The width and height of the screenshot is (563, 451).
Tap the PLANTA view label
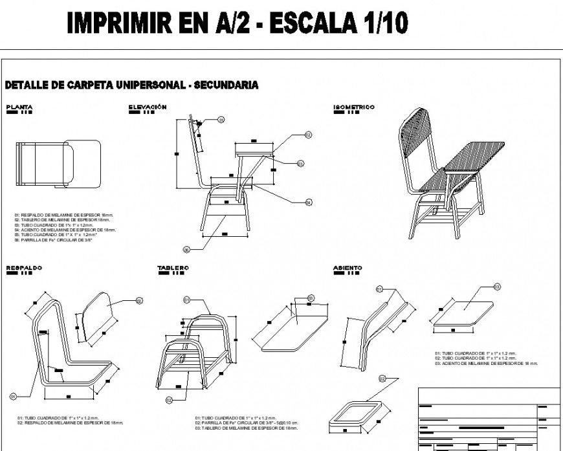tap(19, 107)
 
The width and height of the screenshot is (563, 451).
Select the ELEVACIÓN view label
tap(148, 107)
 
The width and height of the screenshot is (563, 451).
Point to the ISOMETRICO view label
tap(353, 107)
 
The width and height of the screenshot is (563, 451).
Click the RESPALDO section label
tap(24, 267)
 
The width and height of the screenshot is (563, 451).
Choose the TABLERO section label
tap(173, 267)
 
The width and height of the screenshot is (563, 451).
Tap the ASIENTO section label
tap(348, 267)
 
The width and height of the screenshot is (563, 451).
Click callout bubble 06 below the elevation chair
tap(186, 249)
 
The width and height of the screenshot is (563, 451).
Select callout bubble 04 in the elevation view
tap(309, 203)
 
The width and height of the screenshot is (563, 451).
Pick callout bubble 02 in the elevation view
tap(309, 135)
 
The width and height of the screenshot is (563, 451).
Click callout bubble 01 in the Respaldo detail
tap(12, 396)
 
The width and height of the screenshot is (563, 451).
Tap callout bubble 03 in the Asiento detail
tap(497, 286)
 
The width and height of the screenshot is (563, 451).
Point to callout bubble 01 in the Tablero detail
tap(186, 300)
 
